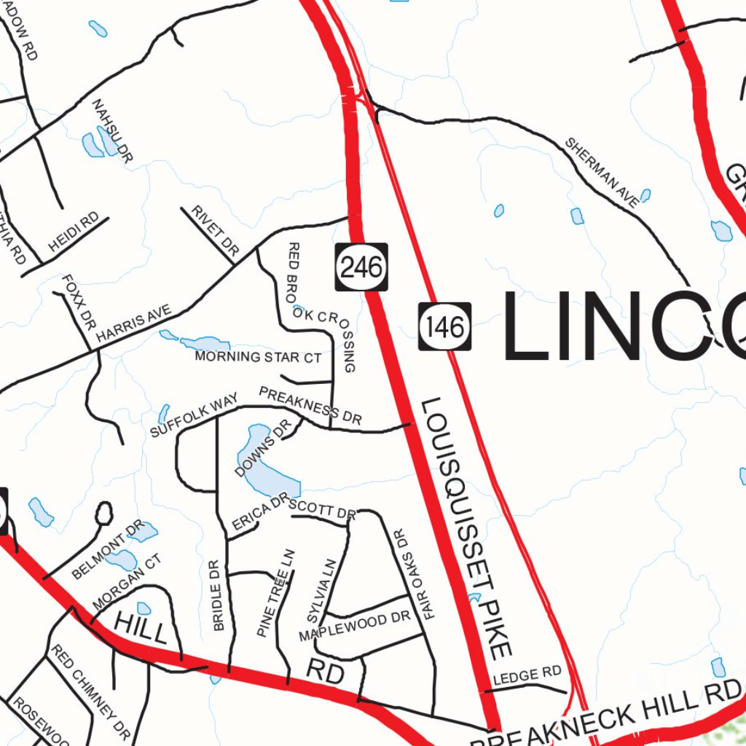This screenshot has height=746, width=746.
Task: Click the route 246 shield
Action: pos(361,267)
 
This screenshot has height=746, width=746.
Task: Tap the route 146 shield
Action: pos(445,326)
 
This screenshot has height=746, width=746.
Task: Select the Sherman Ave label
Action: pos(602,172)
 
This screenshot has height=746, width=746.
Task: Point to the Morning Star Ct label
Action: pos(258,357)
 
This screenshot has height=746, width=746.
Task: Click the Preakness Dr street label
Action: pos(310,407)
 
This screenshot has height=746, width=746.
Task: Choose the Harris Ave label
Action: pos(133,324)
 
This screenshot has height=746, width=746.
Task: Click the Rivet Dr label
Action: pos(216,230)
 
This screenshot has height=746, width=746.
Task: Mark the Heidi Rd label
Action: pos(74,233)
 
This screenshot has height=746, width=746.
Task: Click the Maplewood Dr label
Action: pos(356,627)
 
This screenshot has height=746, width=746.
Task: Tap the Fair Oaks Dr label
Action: pos(413,574)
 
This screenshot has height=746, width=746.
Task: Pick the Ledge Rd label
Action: pos(527,675)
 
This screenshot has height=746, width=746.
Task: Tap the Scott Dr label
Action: pos(322,510)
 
